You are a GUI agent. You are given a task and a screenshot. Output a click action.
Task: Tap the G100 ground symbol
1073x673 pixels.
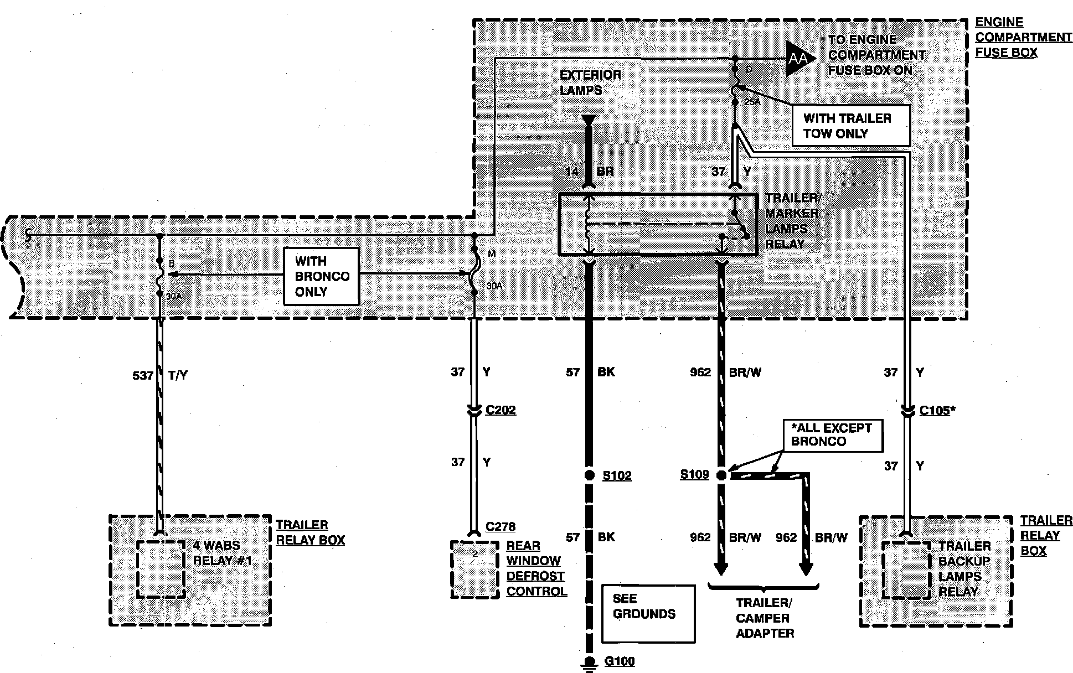coord(590,663)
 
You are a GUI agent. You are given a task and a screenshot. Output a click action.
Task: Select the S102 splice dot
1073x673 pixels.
coord(590,475)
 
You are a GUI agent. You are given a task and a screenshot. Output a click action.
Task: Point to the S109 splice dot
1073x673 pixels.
coord(721,475)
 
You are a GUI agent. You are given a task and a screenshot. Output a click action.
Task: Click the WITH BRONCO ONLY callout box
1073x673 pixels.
coord(321,276)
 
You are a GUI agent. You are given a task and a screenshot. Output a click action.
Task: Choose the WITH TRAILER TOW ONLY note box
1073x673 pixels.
coord(850,126)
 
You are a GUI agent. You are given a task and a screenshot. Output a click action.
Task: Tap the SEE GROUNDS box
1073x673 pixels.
coord(648,613)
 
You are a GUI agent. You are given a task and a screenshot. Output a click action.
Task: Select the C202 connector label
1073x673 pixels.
coord(501,410)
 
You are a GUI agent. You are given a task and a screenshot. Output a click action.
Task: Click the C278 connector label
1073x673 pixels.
coord(501,527)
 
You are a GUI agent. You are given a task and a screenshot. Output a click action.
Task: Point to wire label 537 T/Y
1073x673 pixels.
coord(160,375)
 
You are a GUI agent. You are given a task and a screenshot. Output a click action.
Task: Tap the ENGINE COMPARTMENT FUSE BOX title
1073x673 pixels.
coord(1023,38)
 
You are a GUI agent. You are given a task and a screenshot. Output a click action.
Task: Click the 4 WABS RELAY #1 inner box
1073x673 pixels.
coord(161,569)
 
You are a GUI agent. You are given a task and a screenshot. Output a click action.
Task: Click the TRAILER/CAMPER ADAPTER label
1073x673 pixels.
coord(765,618)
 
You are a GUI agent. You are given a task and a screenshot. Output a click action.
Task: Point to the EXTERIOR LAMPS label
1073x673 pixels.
coord(590,82)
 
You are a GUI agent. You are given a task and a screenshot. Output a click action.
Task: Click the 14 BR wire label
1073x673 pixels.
coord(589,172)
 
